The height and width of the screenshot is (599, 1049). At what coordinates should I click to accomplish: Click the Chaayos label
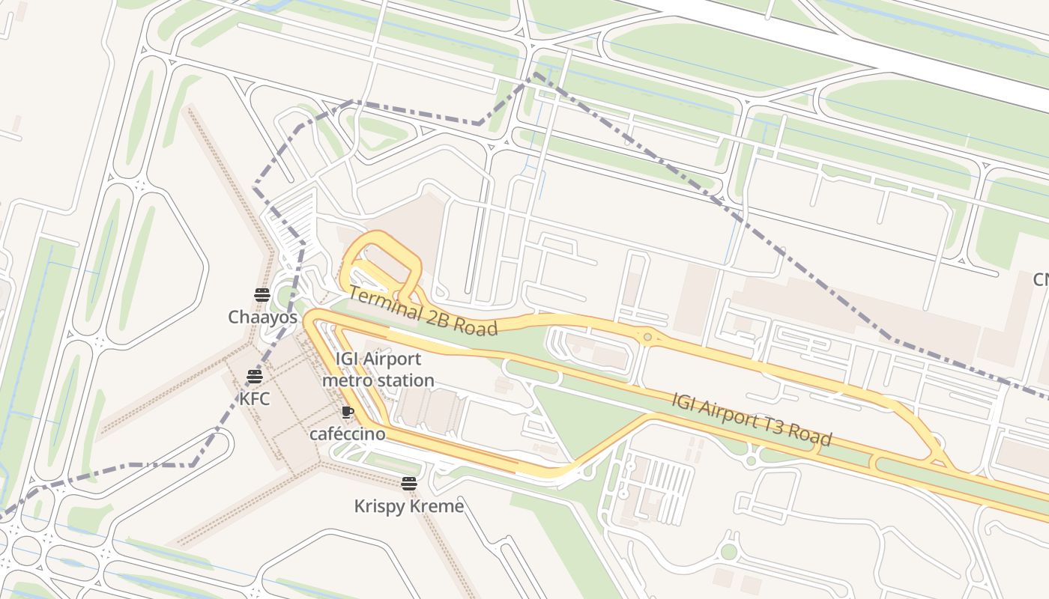(x=262, y=317)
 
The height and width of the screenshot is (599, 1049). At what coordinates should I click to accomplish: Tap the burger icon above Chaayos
(x=262, y=294)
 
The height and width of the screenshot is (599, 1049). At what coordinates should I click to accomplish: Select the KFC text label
(x=254, y=398)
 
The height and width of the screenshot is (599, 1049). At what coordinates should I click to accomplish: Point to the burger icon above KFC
(x=254, y=376)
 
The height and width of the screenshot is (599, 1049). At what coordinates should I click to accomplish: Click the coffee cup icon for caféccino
(x=347, y=412)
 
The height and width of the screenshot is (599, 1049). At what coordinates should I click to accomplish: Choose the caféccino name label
(x=348, y=434)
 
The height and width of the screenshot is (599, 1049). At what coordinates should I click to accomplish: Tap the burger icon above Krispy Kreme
(x=408, y=484)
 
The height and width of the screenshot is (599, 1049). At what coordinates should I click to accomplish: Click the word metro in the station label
(x=346, y=380)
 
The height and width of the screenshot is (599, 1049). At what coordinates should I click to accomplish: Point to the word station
(x=405, y=380)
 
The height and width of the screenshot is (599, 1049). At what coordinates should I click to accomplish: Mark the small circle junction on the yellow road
(x=647, y=337)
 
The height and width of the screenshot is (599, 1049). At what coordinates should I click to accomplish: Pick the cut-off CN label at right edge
(x=1041, y=279)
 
